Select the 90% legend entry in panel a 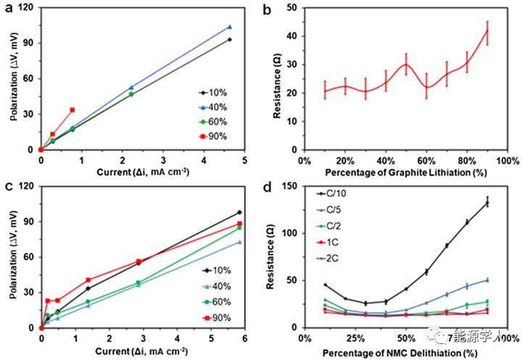click(x=215, y=134)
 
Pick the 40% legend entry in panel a click(x=215, y=106)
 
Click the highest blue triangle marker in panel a click(x=230, y=27)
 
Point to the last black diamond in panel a click(x=230, y=39)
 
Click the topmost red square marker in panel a click(x=72, y=110)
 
